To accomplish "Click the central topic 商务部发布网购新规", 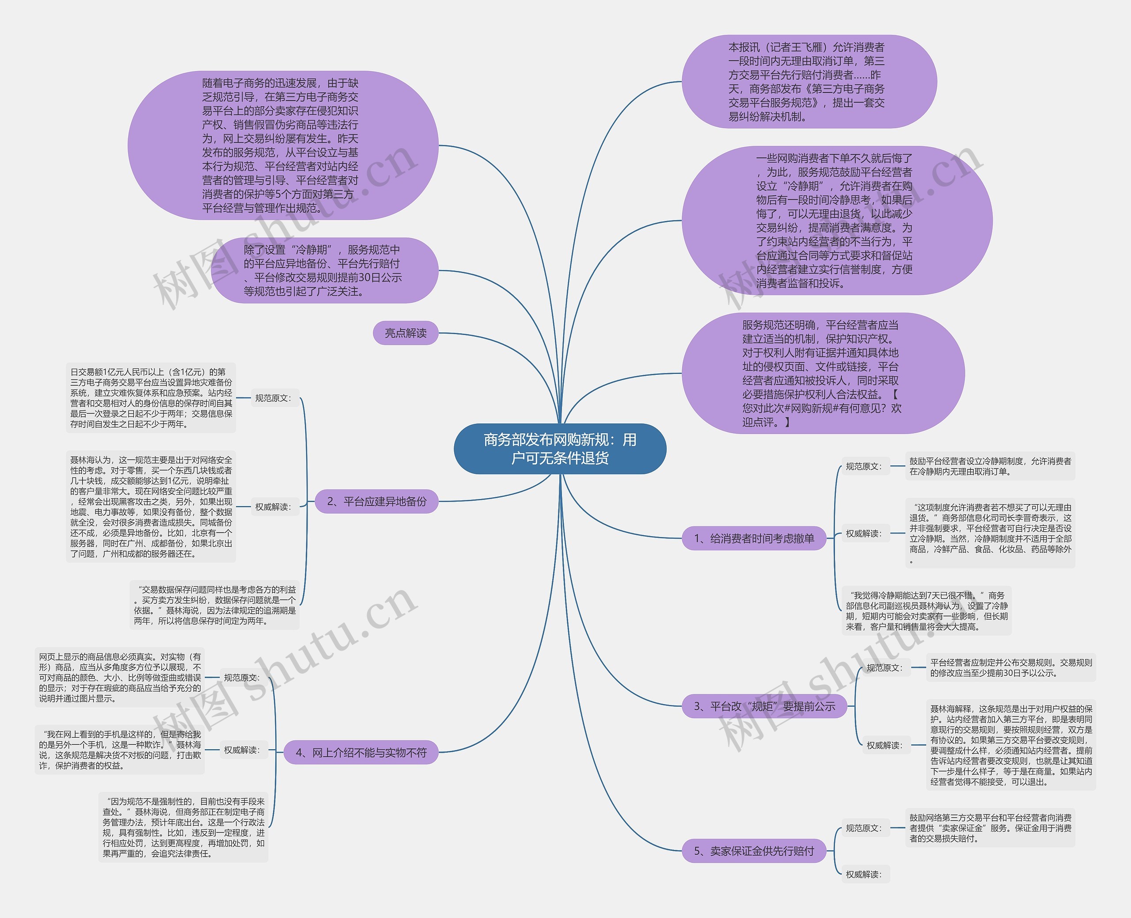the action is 560,449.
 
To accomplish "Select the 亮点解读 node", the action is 406,333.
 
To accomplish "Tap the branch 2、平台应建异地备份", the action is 376,501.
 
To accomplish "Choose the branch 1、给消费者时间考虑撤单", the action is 754,538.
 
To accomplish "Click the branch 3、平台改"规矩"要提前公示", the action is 764,706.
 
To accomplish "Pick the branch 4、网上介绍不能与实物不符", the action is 361,753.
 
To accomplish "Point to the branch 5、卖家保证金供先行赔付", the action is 754,851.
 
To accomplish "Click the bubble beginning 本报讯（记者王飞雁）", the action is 808,82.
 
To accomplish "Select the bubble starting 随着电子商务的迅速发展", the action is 283,145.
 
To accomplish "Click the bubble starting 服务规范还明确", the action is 823,373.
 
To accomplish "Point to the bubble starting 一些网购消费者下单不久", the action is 837,221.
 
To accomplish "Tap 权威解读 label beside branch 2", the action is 273,507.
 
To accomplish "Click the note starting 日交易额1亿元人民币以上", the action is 151,398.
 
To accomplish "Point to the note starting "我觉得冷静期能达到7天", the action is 926,611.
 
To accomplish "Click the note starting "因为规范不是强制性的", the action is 183,827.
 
